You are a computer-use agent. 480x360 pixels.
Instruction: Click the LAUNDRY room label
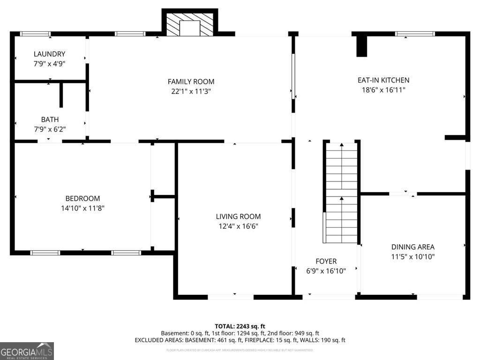point(49,54)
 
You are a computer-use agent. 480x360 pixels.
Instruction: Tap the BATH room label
point(50,120)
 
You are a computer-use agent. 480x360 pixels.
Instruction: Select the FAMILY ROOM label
point(191,82)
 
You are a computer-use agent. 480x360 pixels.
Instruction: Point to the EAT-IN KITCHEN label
point(383,80)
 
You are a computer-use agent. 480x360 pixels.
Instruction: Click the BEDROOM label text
point(82,198)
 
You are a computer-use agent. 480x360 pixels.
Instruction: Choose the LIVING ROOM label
point(238,216)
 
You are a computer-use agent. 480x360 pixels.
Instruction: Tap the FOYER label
point(326,261)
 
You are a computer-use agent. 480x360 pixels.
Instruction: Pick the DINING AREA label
point(412,247)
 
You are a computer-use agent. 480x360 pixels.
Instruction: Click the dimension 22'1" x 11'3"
point(191,92)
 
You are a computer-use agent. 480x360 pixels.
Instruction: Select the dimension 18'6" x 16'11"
point(383,90)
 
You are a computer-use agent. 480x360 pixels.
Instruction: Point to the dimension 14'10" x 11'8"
point(82,208)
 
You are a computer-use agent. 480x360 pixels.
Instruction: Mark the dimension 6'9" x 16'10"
point(326,271)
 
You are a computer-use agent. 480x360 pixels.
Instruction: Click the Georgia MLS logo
point(27,351)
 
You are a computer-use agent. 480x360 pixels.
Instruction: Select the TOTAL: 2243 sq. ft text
point(240,326)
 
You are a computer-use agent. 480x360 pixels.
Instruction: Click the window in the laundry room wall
point(35,34)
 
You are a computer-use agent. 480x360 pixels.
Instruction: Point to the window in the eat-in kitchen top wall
point(415,34)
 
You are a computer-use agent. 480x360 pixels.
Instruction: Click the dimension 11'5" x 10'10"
point(412,257)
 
